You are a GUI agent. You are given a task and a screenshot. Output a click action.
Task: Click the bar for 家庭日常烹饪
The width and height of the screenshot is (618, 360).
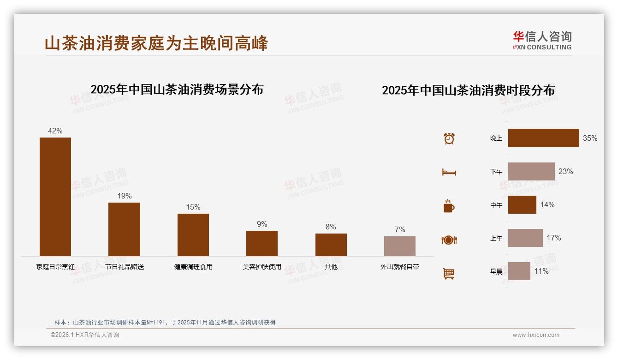click(55, 197)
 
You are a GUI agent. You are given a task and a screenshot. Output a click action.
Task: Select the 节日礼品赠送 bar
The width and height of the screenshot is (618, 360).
click(124, 229)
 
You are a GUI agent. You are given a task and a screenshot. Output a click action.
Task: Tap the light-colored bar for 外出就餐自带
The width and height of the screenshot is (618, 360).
click(400, 246)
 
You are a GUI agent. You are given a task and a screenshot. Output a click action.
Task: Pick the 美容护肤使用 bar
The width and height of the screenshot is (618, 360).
click(262, 243)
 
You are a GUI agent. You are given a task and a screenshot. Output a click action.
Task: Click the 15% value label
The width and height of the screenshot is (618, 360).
click(193, 207)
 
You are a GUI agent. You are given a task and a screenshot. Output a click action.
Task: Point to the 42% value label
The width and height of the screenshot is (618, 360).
click(55, 131)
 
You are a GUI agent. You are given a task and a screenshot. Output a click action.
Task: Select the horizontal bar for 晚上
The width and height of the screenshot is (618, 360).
click(543, 138)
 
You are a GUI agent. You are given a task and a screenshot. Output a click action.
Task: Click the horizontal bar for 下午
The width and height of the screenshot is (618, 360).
click(531, 171)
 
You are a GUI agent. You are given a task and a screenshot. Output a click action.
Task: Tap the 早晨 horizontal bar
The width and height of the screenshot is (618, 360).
click(519, 271)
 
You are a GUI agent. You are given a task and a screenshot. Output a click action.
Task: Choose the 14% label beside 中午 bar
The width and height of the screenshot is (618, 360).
click(547, 204)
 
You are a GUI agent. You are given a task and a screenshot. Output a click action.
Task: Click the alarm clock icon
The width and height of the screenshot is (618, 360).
click(449, 138)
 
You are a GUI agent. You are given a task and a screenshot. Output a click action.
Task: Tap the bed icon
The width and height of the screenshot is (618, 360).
click(449, 172)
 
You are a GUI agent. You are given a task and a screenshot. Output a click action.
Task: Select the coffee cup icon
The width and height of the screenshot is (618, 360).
click(449, 206)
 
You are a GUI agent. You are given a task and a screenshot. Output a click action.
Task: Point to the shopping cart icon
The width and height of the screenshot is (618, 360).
click(449, 273)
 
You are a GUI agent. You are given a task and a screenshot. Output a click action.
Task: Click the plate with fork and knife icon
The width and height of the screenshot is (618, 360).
click(449, 240)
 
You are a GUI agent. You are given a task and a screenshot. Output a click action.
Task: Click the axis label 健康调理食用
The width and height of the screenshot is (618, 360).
click(193, 267)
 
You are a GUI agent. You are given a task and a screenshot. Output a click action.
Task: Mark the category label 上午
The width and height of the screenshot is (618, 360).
click(496, 238)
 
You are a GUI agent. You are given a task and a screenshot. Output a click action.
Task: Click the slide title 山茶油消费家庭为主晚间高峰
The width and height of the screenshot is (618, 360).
click(156, 43)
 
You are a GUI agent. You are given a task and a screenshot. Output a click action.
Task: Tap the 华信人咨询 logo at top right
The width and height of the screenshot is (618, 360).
click(542, 40)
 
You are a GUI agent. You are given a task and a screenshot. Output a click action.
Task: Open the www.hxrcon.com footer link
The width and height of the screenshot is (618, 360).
click(536, 335)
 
